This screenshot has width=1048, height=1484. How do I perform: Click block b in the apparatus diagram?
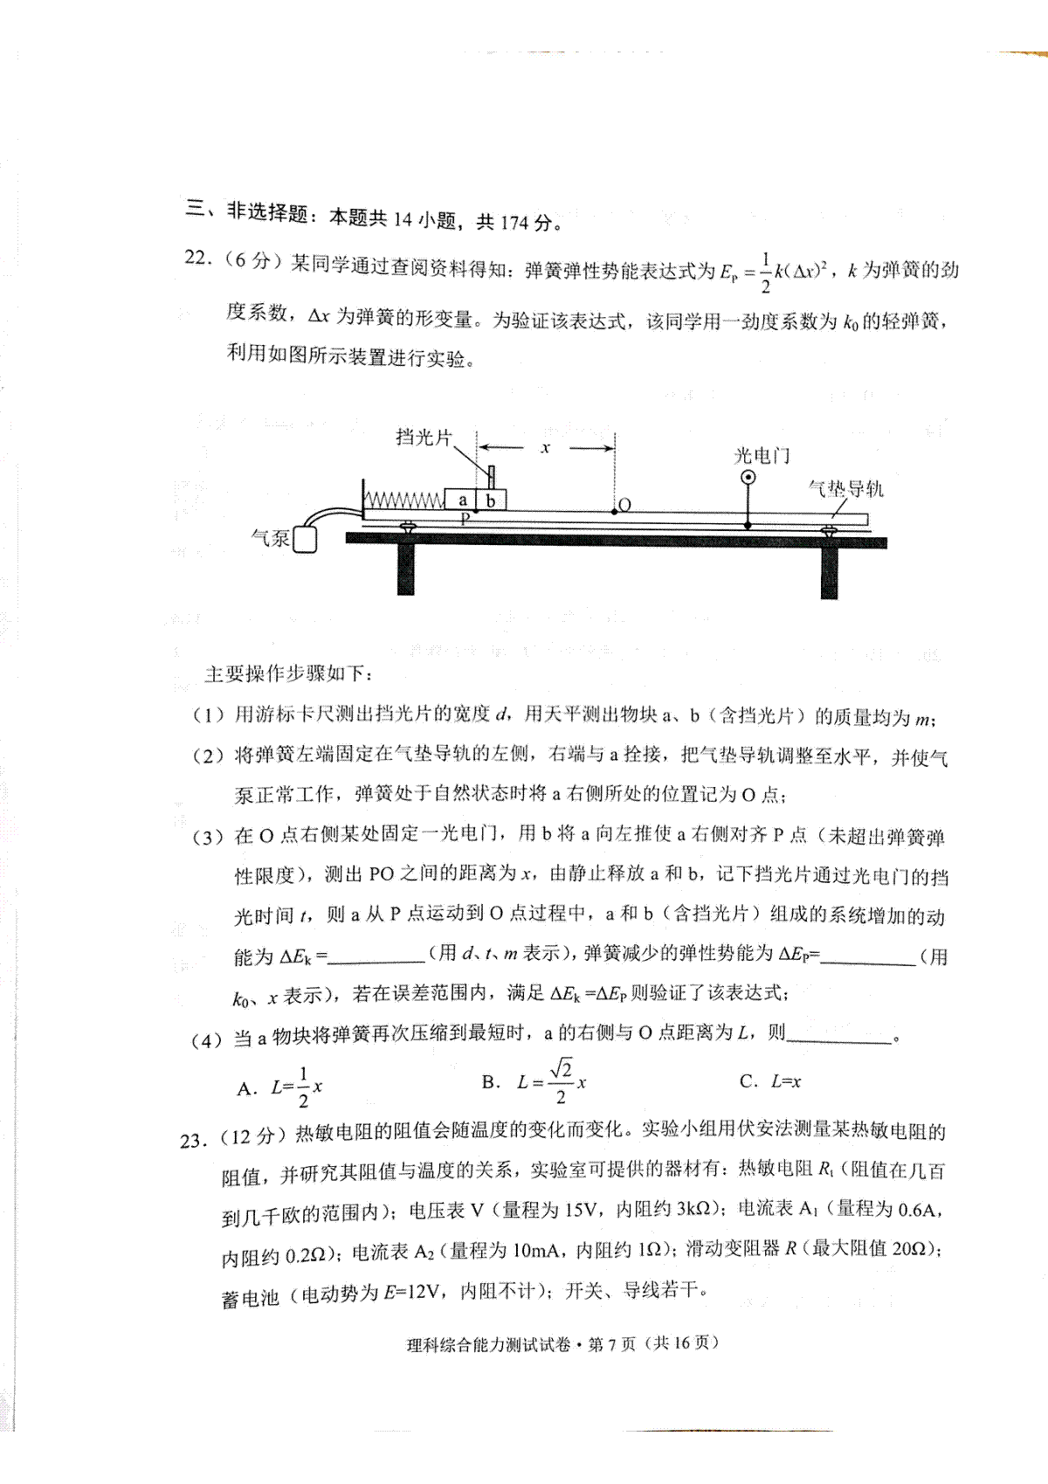[x=492, y=500]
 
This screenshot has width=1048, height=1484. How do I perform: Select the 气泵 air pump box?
[x=305, y=540]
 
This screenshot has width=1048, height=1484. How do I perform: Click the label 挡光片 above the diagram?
[x=423, y=437]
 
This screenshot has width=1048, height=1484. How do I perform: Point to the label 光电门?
[x=762, y=455]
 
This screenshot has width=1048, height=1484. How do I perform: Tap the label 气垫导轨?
[x=845, y=488]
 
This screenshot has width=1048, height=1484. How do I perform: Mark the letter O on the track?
[x=625, y=504]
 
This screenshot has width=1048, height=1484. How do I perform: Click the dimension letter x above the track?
[x=545, y=448]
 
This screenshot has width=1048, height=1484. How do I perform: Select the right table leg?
[x=829, y=572]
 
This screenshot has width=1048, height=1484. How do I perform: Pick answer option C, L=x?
[x=770, y=1081]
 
